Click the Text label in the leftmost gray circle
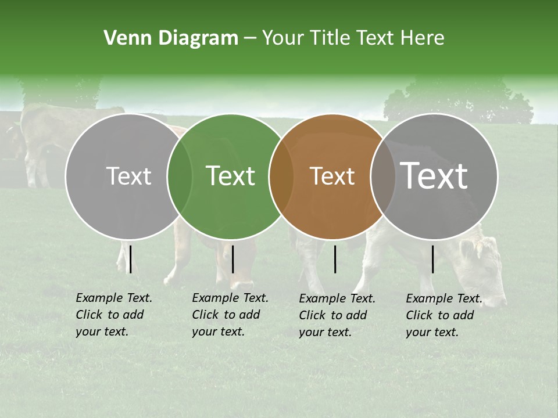point(128,176)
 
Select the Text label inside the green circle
point(231,176)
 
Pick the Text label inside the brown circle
point(332,176)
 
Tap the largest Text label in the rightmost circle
point(434,175)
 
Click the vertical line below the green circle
point(233,259)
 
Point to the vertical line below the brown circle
point(335,259)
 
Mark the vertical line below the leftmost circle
point(131,259)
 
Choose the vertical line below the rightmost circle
point(433,259)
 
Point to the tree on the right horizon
point(459,102)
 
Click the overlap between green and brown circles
point(281,176)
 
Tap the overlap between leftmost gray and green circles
point(180,176)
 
